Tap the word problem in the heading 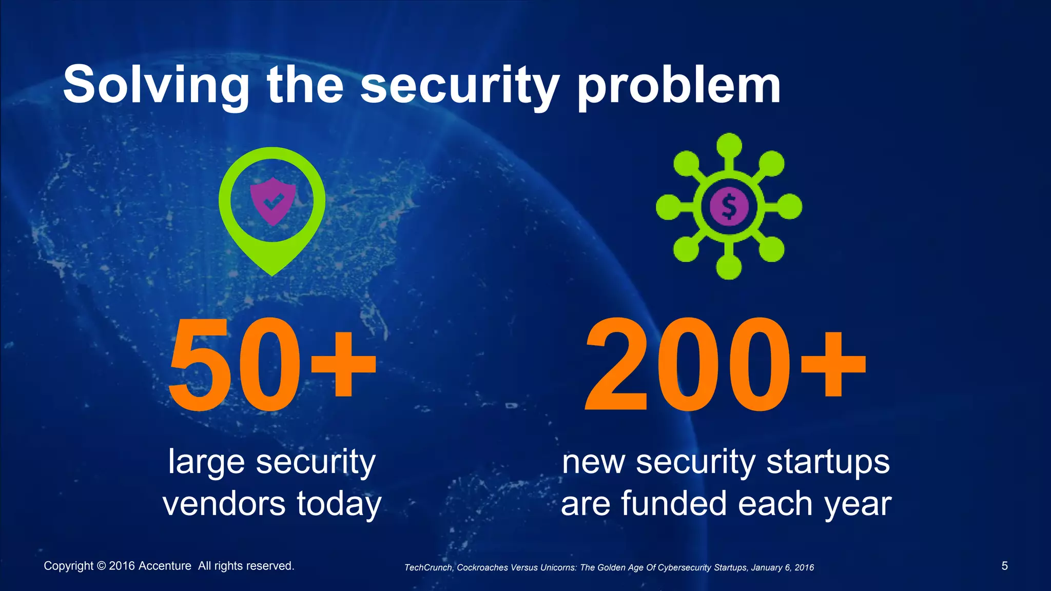click(678, 86)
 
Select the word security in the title click(460, 86)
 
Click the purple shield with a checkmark click(273, 201)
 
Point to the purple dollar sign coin click(729, 206)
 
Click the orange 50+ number click(272, 365)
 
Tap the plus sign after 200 click(833, 365)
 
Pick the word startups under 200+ click(828, 462)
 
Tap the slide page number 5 click(1004, 566)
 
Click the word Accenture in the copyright click(165, 566)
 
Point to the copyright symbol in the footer click(101, 566)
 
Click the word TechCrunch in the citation click(428, 567)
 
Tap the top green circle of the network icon click(729, 146)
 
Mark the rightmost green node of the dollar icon click(789, 206)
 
